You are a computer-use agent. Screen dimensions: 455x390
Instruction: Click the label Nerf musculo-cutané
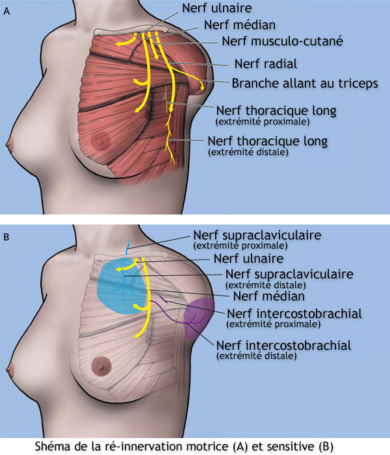(281, 41)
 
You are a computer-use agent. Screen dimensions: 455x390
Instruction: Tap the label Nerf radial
(265, 64)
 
